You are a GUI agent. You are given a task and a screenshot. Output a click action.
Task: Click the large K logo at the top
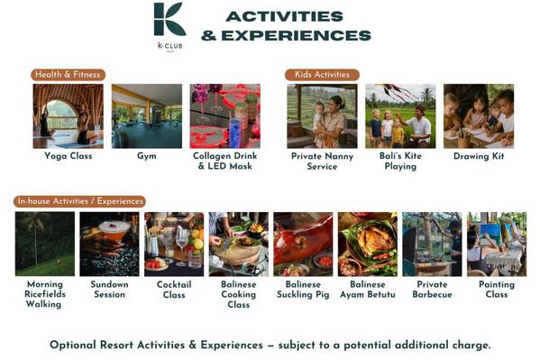pos(169,19)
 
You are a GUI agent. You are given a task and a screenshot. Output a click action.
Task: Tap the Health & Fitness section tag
pos(68,75)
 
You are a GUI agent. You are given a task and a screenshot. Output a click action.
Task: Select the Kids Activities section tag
pos(322,75)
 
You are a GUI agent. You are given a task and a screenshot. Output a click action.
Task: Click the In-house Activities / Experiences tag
pos(79,201)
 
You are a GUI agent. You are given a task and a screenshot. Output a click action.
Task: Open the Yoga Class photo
pos(68,116)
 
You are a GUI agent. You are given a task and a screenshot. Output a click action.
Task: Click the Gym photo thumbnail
pos(147,116)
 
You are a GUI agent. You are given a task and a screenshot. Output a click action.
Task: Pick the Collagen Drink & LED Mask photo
pos(224,116)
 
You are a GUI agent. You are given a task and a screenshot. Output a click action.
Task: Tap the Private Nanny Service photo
pos(322,116)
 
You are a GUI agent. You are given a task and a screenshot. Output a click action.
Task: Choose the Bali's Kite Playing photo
pos(400,116)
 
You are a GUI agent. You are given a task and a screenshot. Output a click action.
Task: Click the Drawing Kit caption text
pos(479,156)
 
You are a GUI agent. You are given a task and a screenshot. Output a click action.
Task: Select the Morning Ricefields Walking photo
pos(45,244)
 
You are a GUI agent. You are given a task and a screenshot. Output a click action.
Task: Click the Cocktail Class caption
pos(174,290)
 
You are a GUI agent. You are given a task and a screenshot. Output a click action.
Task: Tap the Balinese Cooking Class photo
pos(238,244)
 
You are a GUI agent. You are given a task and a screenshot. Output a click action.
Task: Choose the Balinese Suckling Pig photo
pos(303,244)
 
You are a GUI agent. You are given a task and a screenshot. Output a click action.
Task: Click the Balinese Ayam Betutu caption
pos(368,290)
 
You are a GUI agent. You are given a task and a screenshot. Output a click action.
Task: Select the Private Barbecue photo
pos(432,244)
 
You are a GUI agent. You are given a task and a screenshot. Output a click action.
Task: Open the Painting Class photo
pos(497,244)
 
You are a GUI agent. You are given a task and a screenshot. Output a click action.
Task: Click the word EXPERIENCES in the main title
pos(297,35)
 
